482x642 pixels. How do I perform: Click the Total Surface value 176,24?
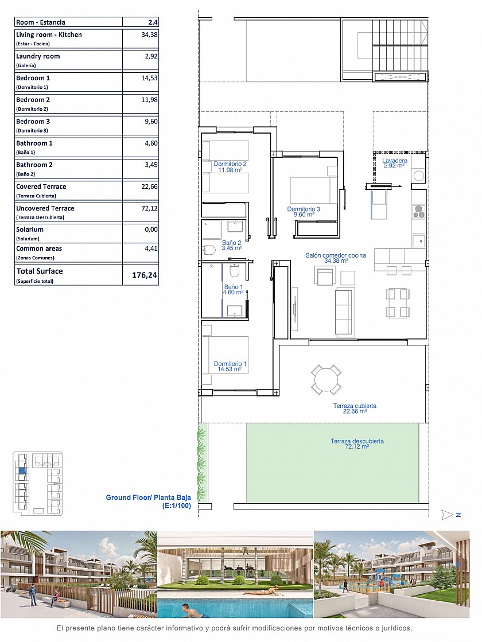pyautogui.click(x=144, y=275)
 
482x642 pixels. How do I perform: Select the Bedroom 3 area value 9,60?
pyautogui.click(x=151, y=122)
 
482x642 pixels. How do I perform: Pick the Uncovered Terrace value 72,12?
pyautogui.click(x=149, y=208)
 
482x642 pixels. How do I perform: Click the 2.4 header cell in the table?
pyautogui.click(x=153, y=22)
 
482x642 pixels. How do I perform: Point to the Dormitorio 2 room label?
pyautogui.click(x=230, y=166)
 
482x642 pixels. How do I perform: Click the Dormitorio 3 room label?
pyautogui.click(x=304, y=212)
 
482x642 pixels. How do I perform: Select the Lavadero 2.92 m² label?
pyautogui.click(x=395, y=163)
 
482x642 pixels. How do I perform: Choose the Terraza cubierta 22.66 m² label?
pyautogui.click(x=355, y=408)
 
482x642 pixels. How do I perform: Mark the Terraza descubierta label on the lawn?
pyautogui.click(x=357, y=444)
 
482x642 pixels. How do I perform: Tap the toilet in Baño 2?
pyautogui.click(x=209, y=250)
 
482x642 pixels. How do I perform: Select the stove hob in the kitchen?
pyautogui.click(x=418, y=211)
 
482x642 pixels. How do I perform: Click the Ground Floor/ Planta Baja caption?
pyautogui.click(x=148, y=501)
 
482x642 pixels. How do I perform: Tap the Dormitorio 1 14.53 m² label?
pyautogui.click(x=230, y=367)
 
